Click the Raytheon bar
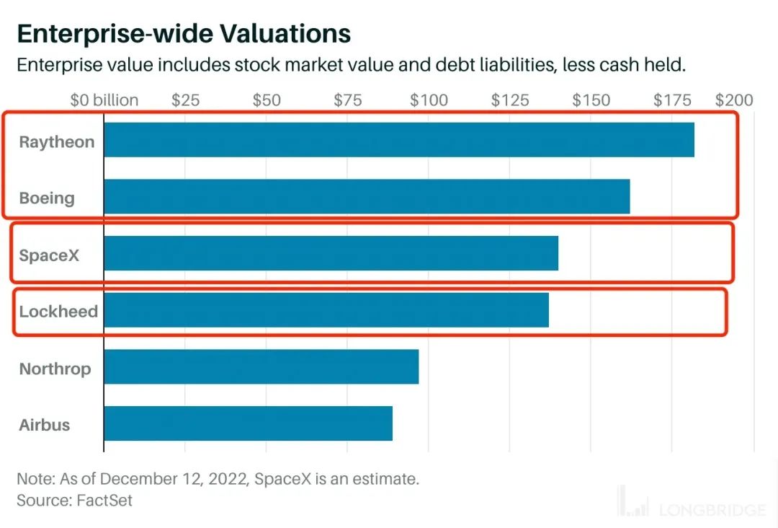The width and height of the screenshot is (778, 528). click(399, 140)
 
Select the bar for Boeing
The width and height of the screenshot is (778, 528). click(367, 196)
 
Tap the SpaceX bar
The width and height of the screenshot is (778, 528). click(331, 253)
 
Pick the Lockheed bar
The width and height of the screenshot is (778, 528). click(326, 310)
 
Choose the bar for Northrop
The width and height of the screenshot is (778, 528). click(261, 366)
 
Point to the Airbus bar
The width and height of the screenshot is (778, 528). click(249, 423)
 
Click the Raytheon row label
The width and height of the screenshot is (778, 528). click(57, 142)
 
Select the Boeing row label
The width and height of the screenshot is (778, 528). click(47, 198)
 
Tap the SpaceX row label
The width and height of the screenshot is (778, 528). click(49, 255)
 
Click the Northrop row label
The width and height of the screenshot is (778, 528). click(55, 369)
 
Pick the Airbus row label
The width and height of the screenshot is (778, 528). click(45, 426)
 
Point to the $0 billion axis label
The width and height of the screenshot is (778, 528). click(104, 100)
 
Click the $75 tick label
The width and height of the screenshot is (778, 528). click(347, 100)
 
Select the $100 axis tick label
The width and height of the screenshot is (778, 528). click(429, 100)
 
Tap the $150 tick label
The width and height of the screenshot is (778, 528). click(591, 100)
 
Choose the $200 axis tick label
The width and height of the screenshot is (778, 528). click(734, 100)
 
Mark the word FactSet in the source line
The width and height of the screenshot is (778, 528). click(105, 500)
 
